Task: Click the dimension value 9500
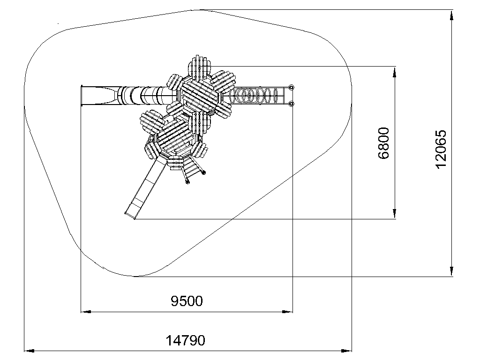pos(187,301)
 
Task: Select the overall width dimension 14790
pos(185,340)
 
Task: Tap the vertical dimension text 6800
pos(383,143)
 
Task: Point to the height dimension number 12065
pos(441,149)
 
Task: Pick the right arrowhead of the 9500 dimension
pos(287,312)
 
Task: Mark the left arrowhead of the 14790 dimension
pos(29,351)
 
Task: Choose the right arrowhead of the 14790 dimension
pos(347,351)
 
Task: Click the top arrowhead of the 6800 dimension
pos(395,71)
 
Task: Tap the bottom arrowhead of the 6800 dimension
pos(395,214)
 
